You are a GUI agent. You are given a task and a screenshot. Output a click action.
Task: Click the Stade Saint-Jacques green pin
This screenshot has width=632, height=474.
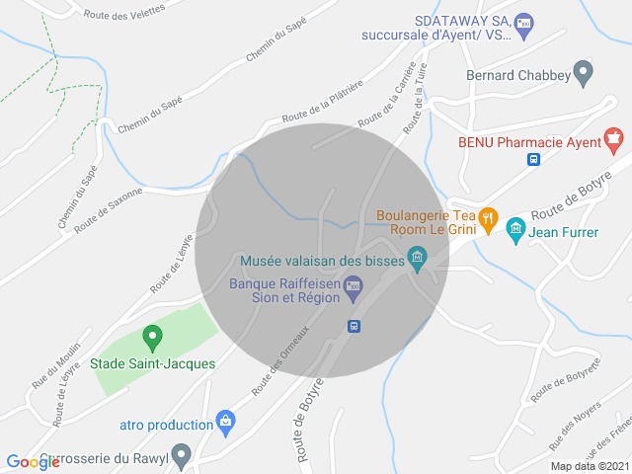coord(152,339)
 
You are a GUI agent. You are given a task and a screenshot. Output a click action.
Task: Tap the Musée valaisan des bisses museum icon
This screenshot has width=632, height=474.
coord(418,260)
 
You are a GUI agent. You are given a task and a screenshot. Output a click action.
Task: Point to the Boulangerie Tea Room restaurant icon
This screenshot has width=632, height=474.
coord(488,217)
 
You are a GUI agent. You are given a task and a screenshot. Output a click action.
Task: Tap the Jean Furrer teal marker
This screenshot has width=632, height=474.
coord(514,233)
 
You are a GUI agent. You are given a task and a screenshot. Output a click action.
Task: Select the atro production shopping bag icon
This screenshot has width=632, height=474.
coord(225,422)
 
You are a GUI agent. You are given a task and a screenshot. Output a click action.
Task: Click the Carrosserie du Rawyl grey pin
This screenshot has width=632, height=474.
coord(181,455)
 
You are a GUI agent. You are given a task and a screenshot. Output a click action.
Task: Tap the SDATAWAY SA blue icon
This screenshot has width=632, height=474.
coord(524,22)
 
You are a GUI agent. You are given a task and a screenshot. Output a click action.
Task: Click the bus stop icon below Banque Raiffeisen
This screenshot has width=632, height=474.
coord(353,326)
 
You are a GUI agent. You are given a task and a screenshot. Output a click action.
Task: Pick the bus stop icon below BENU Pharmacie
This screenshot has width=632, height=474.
coord(533,159)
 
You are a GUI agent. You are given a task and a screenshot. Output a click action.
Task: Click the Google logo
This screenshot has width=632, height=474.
coord(33,461)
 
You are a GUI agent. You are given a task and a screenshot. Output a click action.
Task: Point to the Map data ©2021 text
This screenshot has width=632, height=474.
coord(588,466)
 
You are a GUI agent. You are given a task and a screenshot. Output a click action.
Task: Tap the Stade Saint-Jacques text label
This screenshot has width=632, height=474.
coord(153,363)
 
